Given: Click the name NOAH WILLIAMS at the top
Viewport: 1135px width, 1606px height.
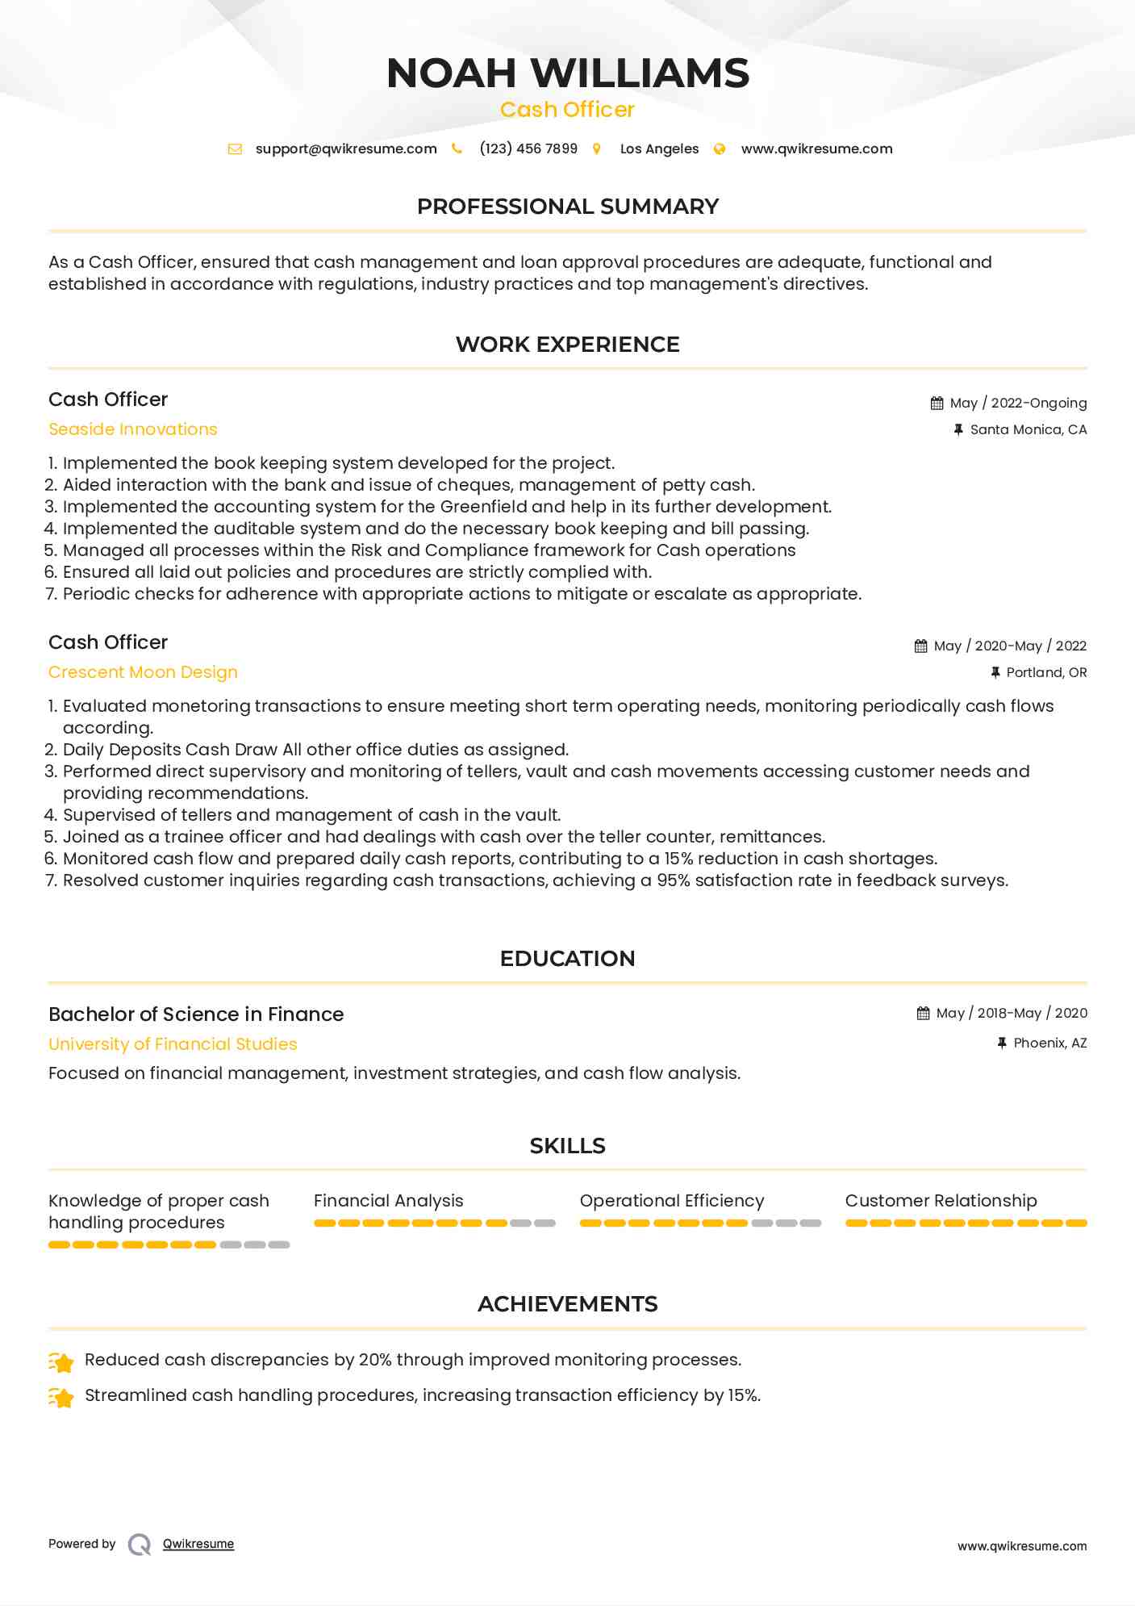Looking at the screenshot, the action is click(567, 73).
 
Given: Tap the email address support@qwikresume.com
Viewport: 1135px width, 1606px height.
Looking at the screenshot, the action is click(346, 149).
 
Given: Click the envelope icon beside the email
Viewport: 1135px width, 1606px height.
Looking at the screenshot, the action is click(235, 149).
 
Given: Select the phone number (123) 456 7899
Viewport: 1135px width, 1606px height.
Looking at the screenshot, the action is click(528, 149).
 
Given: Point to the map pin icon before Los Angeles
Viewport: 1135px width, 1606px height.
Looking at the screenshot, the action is click(597, 149).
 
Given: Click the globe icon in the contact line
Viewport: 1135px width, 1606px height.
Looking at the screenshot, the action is click(720, 149).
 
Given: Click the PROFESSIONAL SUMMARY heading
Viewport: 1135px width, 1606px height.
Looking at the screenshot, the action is click(567, 207).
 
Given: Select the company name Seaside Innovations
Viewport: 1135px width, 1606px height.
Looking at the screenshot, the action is click(133, 429).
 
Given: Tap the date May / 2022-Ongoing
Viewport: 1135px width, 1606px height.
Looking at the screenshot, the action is click(1018, 403).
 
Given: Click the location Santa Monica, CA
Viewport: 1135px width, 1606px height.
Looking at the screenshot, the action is click(1028, 429).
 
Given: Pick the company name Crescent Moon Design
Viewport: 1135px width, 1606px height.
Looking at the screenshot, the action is click(143, 672).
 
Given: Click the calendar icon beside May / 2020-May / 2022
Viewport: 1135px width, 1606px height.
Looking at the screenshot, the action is click(920, 646).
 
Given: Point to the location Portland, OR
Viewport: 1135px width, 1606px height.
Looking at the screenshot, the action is click(1046, 672).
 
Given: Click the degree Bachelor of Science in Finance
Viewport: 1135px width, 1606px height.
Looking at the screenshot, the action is click(196, 1014).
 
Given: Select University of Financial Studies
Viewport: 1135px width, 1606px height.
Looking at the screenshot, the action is click(173, 1044).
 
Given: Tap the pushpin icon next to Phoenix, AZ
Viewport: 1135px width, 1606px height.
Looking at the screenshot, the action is click(1002, 1043).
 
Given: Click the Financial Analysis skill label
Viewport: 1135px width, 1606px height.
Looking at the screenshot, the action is click(389, 1201).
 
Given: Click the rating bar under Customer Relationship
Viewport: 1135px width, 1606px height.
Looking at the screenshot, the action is click(966, 1223).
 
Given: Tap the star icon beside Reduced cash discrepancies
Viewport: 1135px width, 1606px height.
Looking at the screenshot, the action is click(61, 1362).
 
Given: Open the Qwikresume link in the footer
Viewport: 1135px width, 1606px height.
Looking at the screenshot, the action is click(198, 1544).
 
